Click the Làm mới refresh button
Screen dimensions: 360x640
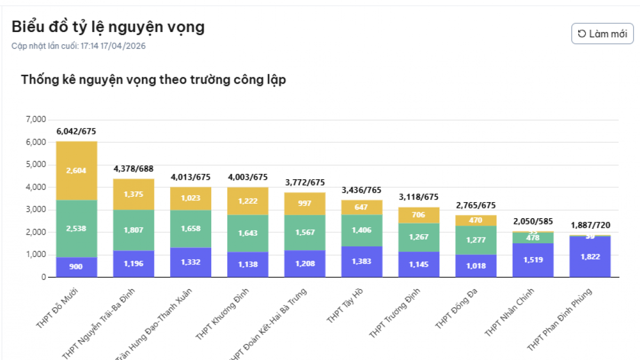click(602, 34)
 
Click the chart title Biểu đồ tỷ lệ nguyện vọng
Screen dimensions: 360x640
click(108, 27)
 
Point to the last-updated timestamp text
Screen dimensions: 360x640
click(78, 46)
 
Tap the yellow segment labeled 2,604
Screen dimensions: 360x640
click(76, 171)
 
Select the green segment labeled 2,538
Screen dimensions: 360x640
click(76, 228)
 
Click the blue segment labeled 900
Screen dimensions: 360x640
click(76, 267)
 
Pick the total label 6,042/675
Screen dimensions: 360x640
click(76, 131)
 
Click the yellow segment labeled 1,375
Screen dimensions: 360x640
click(133, 194)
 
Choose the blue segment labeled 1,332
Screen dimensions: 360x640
click(190, 262)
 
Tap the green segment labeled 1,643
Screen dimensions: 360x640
click(247, 233)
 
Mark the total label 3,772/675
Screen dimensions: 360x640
click(305, 182)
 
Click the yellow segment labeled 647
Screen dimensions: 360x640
click(362, 207)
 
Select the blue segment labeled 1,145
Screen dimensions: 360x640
click(419, 264)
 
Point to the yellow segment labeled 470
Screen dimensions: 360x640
click(476, 220)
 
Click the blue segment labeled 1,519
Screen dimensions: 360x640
click(533, 260)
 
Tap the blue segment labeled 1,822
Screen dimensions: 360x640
click(590, 257)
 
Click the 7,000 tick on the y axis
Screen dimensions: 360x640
click(36, 119)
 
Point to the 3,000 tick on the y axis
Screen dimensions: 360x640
click(36, 210)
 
